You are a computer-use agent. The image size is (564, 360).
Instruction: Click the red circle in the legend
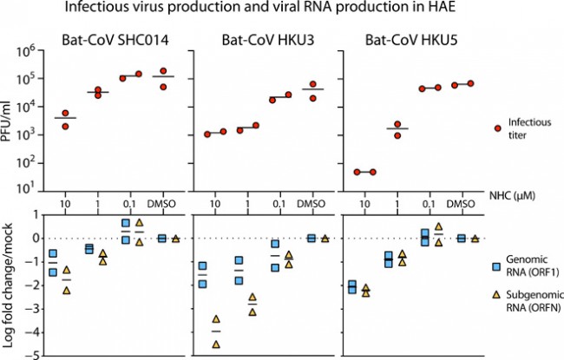tap(497, 128)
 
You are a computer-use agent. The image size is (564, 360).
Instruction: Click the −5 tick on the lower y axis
tap(34, 356)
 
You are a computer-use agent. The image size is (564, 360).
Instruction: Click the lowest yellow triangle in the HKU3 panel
tap(215, 344)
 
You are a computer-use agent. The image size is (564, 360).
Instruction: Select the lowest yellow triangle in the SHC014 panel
tap(66, 291)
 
